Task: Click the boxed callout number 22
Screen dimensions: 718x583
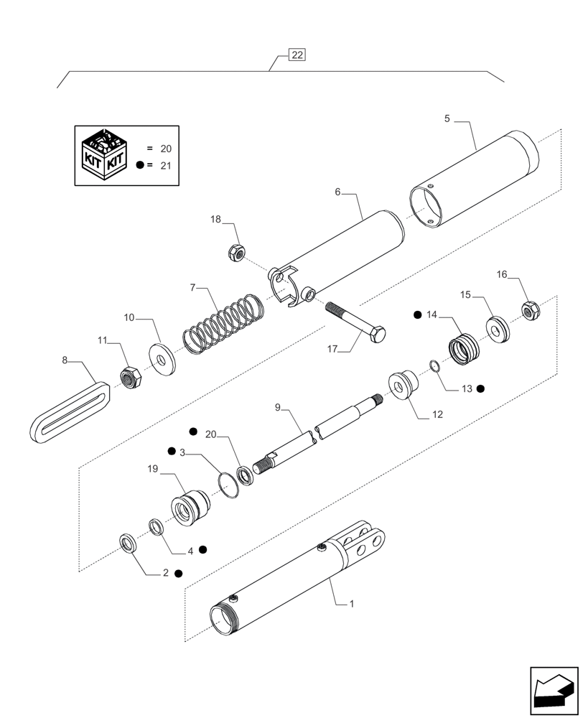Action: [297, 55]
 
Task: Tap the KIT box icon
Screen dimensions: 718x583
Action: [105, 154]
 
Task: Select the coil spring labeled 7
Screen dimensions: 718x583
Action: [223, 323]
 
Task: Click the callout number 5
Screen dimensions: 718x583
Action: [447, 119]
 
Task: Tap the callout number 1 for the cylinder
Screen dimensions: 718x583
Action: [351, 605]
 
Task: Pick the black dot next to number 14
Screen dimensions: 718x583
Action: [416, 314]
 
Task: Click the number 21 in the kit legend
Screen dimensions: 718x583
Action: [166, 165]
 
